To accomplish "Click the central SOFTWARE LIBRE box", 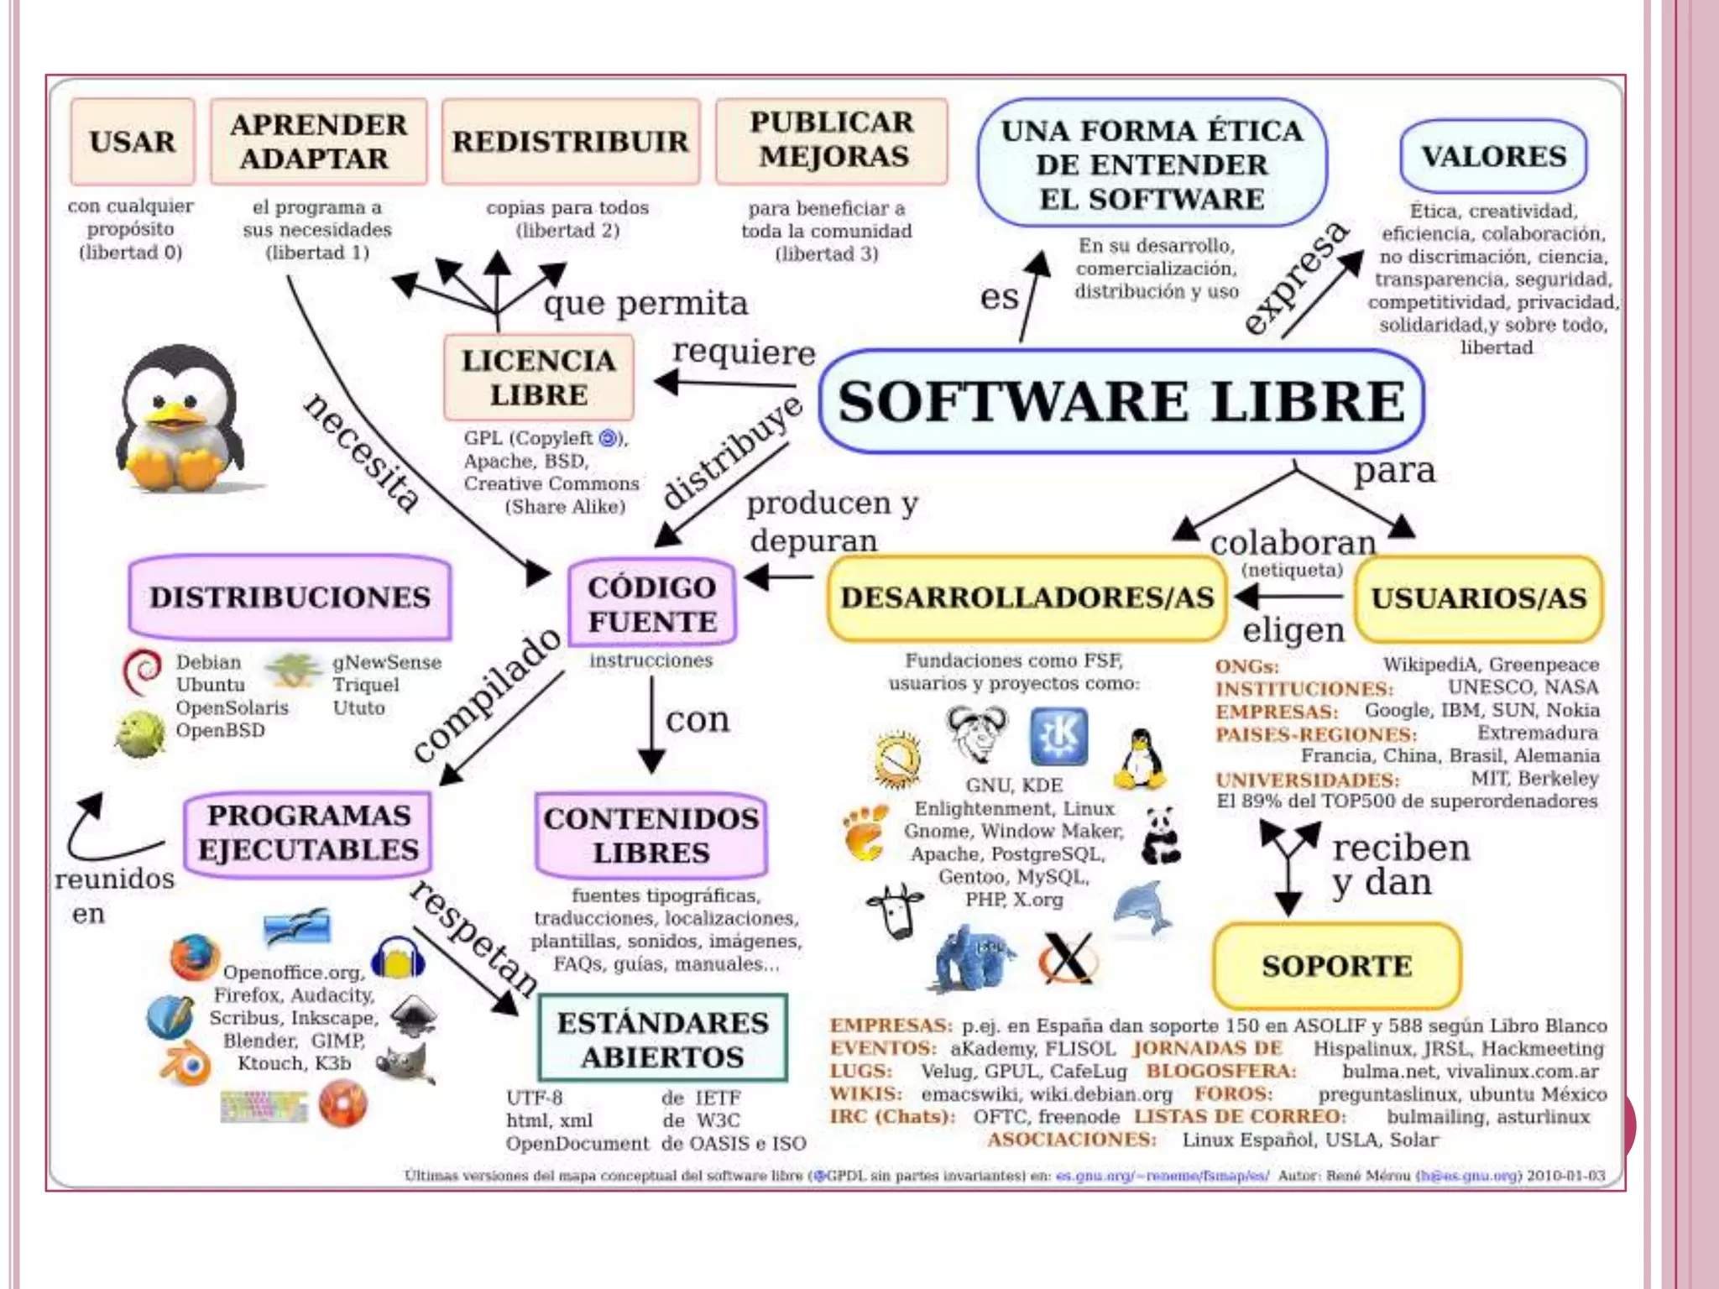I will [x=1121, y=401].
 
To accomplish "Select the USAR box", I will [x=133, y=141].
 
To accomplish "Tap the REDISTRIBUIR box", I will [x=570, y=141].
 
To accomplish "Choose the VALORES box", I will [x=1493, y=156].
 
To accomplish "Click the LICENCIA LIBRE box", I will [x=539, y=378].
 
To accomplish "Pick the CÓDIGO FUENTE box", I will [x=652, y=603].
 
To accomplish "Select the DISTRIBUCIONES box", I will [x=290, y=597].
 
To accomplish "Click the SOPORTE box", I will [x=1336, y=965].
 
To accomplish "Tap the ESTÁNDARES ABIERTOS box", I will [x=662, y=1038].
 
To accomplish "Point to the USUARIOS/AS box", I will [x=1479, y=598].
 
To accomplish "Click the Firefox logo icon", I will [x=194, y=958].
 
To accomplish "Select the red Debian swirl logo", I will [x=143, y=671].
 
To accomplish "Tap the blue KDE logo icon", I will [x=1059, y=736].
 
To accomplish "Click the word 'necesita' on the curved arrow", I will [x=362, y=452].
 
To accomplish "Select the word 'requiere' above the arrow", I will [x=744, y=352].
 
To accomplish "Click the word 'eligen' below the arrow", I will [x=1293, y=630].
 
